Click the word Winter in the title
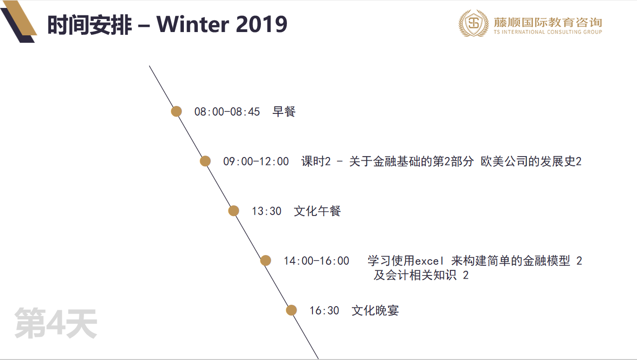[x=193, y=24]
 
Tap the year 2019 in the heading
[x=262, y=24]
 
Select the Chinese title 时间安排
[x=90, y=25]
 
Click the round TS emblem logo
[x=474, y=23]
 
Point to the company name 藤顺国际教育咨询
[x=548, y=22]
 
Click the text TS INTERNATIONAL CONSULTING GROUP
[x=548, y=32]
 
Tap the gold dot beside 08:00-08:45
[x=176, y=111]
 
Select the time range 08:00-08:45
[x=227, y=112]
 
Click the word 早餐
[x=284, y=111]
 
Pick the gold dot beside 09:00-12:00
[x=205, y=161]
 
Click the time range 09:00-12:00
[x=256, y=161]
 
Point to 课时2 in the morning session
[x=316, y=161]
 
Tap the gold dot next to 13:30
[x=234, y=211]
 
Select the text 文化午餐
[x=318, y=211]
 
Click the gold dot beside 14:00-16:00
[x=266, y=261]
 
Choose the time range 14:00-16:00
[x=317, y=261]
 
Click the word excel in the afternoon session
[x=429, y=261]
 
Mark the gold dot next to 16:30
[x=292, y=310]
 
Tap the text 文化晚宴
[x=375, y=310]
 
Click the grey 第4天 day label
[x=56, y=323]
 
